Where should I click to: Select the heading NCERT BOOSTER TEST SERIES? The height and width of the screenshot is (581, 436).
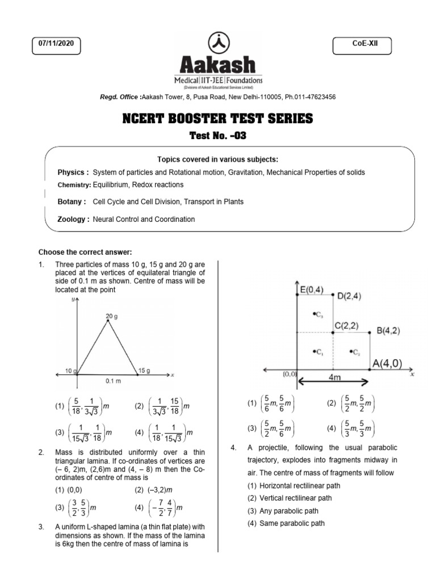coord(217,119)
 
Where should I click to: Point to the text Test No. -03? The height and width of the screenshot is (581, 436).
coord(218,136)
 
